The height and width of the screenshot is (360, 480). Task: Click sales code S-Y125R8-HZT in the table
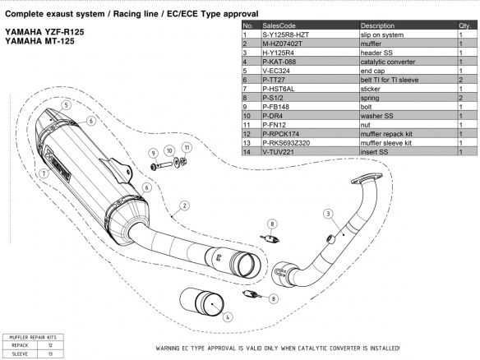[x=285, y=35]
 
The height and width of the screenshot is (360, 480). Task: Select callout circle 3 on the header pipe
[x=327, y=214]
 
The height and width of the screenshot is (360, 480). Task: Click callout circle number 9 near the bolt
[x=153, y=154]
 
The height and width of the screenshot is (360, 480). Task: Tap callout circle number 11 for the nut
[x=187, y=147]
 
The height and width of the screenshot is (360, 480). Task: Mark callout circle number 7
[x=40, y=173]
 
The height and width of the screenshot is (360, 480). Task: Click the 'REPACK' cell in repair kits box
[x=19, y=345]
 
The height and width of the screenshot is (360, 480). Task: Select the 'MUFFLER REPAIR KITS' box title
[x=31, y=337]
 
